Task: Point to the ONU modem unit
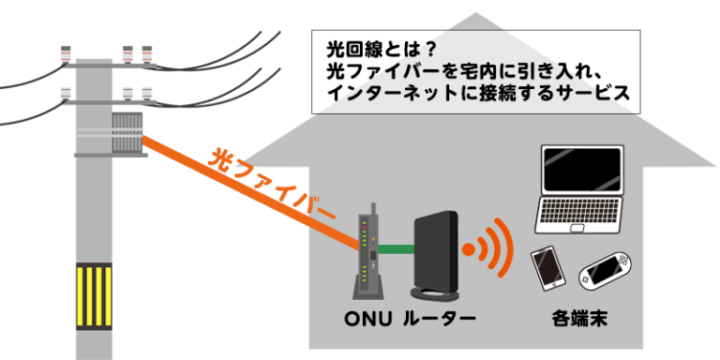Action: click(366, 254)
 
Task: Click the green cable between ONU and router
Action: click(394, 250)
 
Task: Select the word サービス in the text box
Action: click(590, 94)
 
